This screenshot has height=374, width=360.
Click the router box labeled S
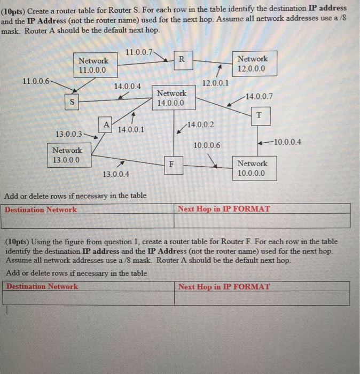tap(73, 102)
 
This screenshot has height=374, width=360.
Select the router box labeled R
tap(182, 59)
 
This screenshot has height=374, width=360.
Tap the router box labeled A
tap(106, 124)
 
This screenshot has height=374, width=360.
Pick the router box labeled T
tap(259, 115)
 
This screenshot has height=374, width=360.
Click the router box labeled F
tap(171, 165)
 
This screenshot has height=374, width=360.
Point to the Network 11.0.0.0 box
tap(93, 65)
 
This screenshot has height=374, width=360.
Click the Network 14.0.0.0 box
tap(171, 98)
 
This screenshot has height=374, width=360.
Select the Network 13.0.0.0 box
tap(67, 155)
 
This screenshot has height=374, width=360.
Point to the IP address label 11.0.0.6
tap(36, 81)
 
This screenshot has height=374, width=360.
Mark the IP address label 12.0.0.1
tap(215, 83)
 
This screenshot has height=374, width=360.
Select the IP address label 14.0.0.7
tap(259, 97)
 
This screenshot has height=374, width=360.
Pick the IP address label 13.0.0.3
tap(69, 133)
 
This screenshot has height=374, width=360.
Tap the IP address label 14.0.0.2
tap(201, 124)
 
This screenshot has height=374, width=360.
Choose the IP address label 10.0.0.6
tap(207, 145)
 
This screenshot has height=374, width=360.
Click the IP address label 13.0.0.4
tap(115, 174)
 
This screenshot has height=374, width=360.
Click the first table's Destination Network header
tap(41, 209)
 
